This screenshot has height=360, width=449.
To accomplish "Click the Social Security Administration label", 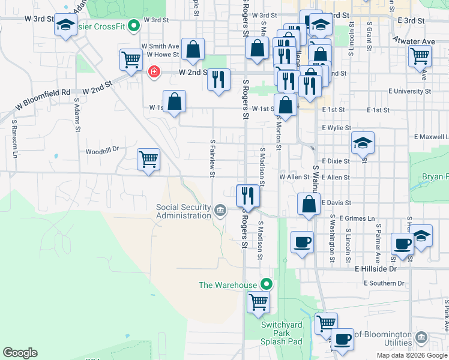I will click(183, 211).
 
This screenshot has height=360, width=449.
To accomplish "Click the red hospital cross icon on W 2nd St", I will click(154, 72).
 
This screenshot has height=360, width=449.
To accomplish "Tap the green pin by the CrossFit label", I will click(135, 26).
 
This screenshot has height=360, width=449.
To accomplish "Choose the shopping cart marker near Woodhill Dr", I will click(148, 160).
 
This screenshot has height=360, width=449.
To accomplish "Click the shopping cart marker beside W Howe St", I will click(130, 59).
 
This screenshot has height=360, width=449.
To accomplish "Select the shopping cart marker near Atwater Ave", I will click(420, 56).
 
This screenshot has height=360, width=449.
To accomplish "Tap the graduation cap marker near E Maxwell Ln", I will click(363, 143).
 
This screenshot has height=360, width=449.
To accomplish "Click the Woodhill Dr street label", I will click(103, 151).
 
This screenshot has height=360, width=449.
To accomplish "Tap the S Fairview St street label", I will click(212, 158).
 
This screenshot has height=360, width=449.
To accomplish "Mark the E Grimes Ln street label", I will click(357, 218).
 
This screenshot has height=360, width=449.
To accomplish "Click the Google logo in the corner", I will click(20, 353).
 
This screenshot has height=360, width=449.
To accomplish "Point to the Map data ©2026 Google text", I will click(412, 355).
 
